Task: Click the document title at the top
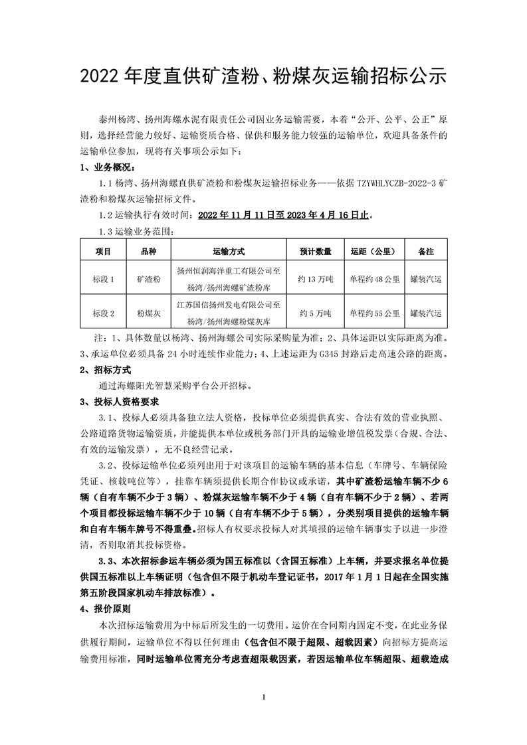(263, 76)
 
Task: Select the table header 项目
(103, 252)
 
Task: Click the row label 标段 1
(103, 280)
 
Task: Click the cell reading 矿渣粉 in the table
(149, 280)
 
